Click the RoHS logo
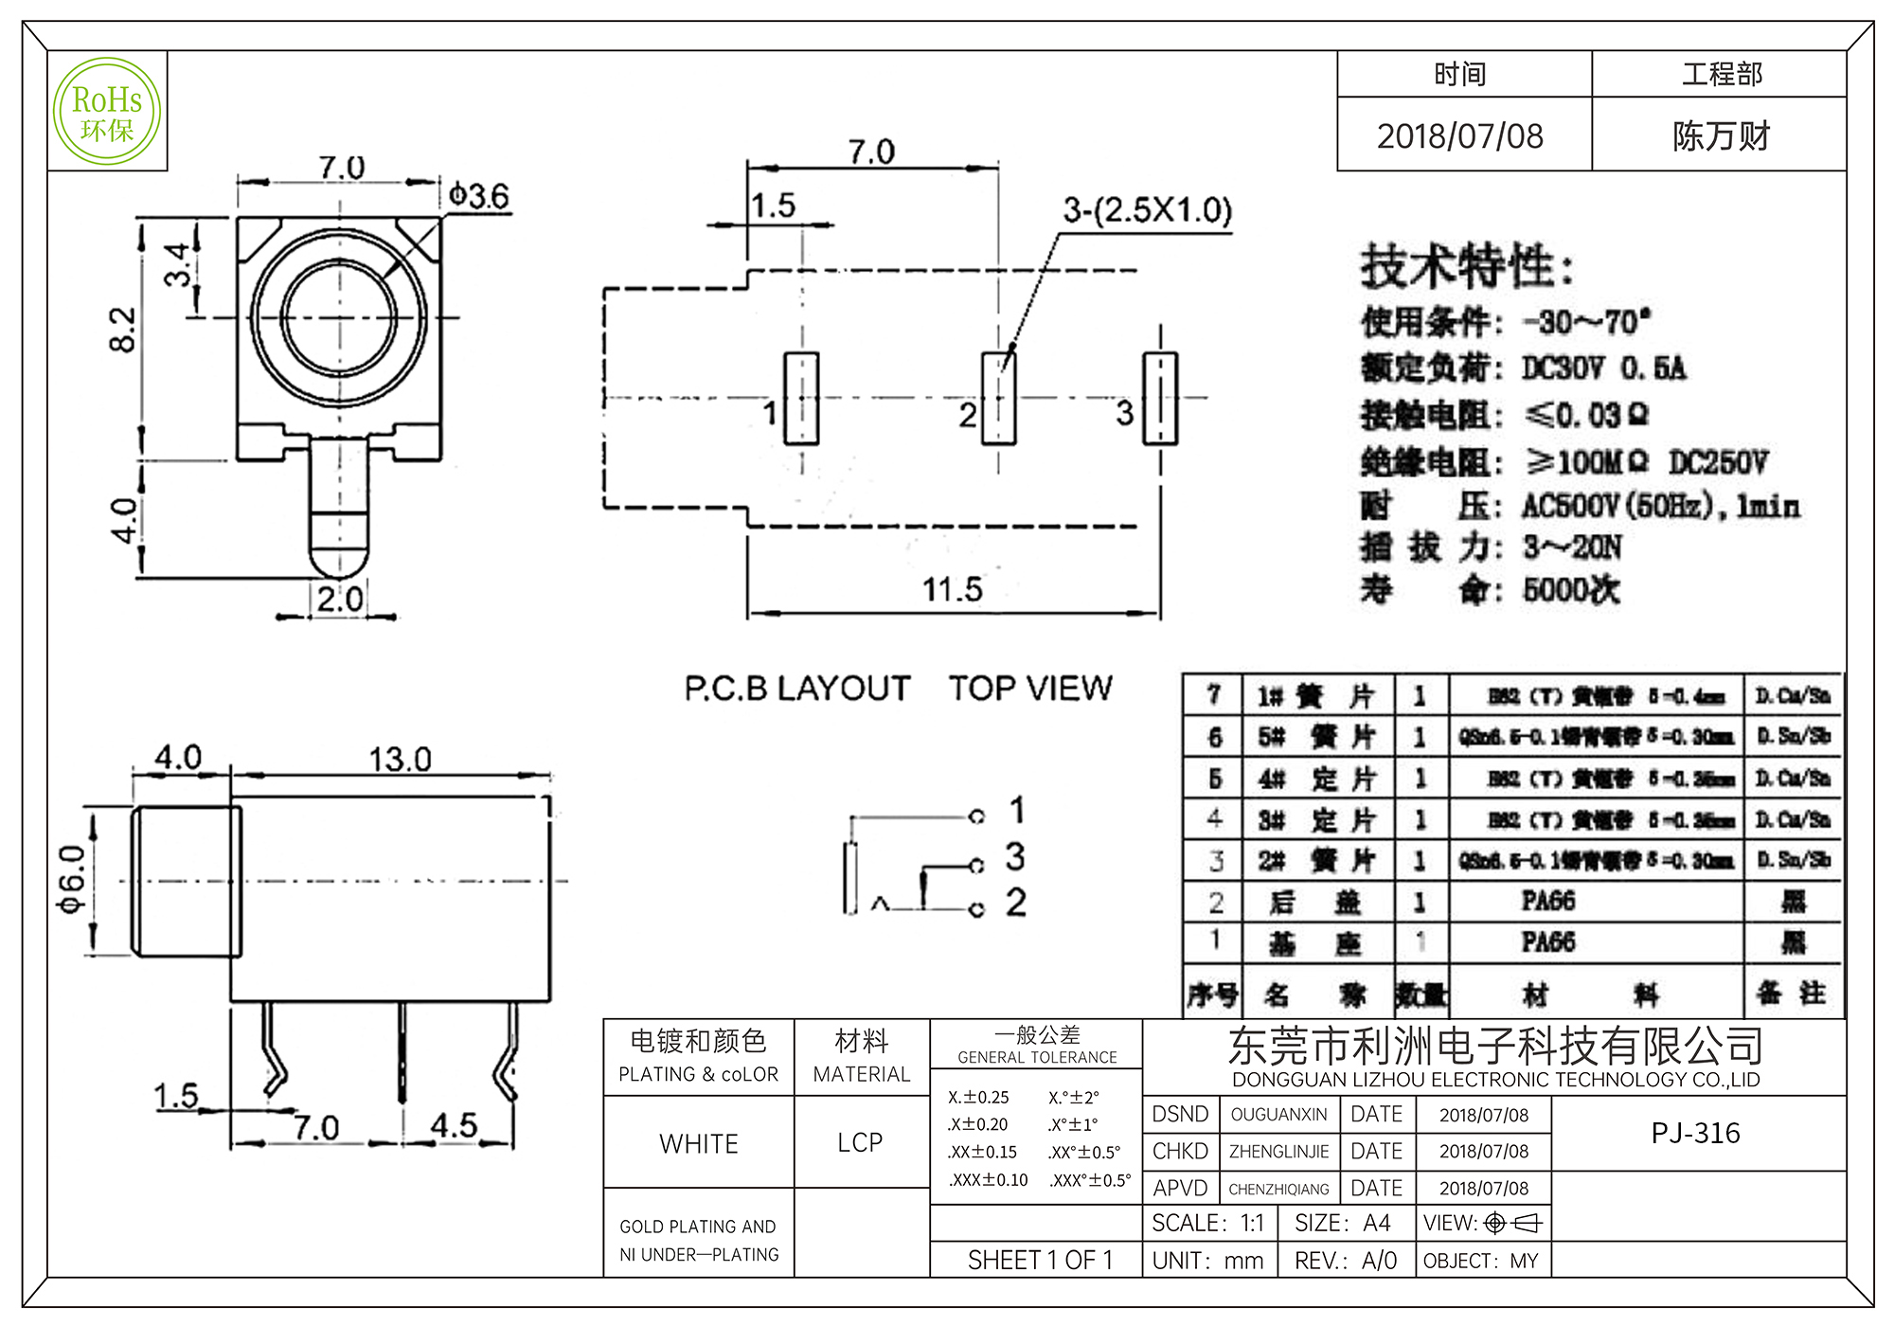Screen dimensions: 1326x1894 (107, 112)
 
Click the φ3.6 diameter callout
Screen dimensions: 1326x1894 (479, 196)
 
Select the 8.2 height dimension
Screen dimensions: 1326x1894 (123, 330)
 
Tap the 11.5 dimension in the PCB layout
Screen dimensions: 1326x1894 (953, 589)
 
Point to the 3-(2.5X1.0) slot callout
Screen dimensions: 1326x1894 (1147, 210)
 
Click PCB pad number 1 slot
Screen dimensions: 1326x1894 (801, 398)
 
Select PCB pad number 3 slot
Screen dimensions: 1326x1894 (1160, 398)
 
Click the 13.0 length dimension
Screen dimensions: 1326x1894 (400, 760)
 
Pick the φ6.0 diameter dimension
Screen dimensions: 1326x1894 (72, 879)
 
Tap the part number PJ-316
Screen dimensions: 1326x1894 (1695, 1133)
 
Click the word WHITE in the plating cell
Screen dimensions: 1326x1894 (699, 1144)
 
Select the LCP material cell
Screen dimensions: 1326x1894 (860, 1143)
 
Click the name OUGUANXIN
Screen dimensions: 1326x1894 (1278, 1115)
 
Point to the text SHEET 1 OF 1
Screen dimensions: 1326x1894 (1040, 1260)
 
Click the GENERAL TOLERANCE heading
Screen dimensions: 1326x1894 (1037, 1057)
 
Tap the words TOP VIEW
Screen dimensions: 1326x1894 (1030, 689)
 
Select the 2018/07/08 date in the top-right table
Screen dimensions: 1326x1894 (1460, 136)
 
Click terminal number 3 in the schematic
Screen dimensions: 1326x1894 (1015, 856)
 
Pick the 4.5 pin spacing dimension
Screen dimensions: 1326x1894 (454, 1125)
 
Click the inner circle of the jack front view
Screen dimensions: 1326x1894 (339, 317)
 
